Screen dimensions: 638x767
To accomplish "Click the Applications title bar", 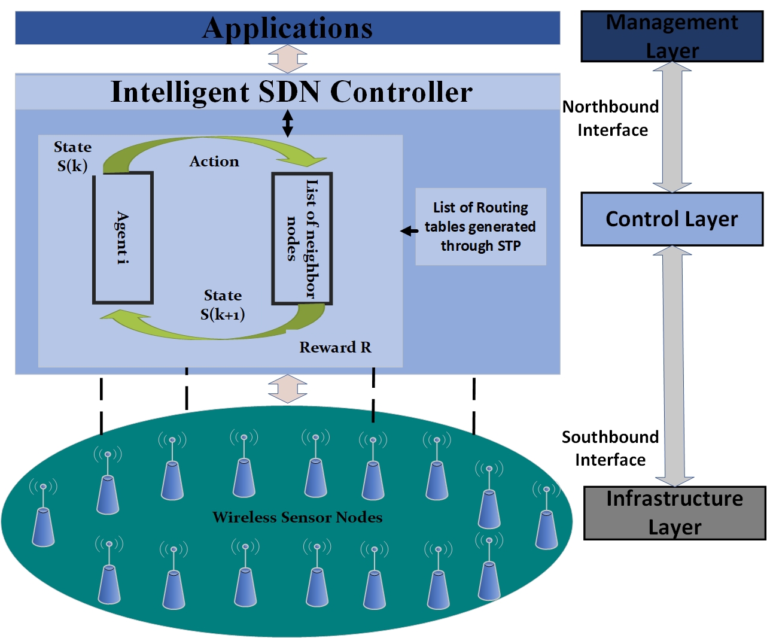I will (x=287, y=28).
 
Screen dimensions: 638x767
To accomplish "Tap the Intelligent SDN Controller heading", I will (x=291, y=92).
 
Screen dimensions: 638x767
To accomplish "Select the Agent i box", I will (x=123, y=238).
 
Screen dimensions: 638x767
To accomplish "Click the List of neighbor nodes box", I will (x=302, y=239).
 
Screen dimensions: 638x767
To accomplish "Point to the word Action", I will (x=214, y=162).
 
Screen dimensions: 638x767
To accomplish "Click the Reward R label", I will (x=335, y=348).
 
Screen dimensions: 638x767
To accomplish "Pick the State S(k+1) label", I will (x=223, y=305).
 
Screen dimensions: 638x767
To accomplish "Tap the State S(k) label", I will (x=72, y=156).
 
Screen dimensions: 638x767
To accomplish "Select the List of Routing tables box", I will (x=480, y=227).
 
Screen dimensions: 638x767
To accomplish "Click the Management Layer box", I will (x=672, y=37).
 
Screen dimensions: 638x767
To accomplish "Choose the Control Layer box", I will (x=672, y=219).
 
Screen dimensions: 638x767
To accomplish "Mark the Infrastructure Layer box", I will (x=674, y=513).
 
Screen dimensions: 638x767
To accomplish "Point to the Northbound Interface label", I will (x=611, y=119).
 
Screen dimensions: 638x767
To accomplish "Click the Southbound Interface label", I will (x=610, y=448).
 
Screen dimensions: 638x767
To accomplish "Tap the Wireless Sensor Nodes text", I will (x=297, y=518).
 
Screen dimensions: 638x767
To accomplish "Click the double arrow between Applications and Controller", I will (x=288, y=59).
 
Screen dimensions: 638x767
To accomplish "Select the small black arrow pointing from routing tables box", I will (x=409, y=231).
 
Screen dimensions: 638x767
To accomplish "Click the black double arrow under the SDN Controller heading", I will (x=288, y=123).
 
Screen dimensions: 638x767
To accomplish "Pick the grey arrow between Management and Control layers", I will (x=672, y=127).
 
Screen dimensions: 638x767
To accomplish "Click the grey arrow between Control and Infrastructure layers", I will (x=674, y=365).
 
